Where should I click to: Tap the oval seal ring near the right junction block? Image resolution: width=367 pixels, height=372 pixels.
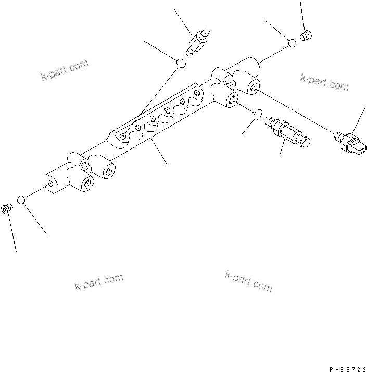coord(256,115)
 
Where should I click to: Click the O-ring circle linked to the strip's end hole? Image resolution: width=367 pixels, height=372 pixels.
coord(181,64)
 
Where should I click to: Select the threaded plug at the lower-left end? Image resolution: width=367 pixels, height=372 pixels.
coord(6,209)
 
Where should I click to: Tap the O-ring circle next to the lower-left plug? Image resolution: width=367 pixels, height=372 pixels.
coord(21,200)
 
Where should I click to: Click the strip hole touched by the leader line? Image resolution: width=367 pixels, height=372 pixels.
coord(122,135)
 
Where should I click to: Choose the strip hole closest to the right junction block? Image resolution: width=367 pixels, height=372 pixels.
coord(197,93)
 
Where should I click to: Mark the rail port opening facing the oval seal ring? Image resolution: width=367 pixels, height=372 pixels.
coord(232,99)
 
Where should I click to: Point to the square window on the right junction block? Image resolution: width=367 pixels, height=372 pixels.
coord(227,80)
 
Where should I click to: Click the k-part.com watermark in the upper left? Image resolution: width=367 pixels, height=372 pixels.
coord(65,71)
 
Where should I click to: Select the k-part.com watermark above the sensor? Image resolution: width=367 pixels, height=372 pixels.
coord(324,82)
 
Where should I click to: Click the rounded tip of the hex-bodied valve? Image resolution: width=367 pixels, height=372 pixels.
coord(307,140)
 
